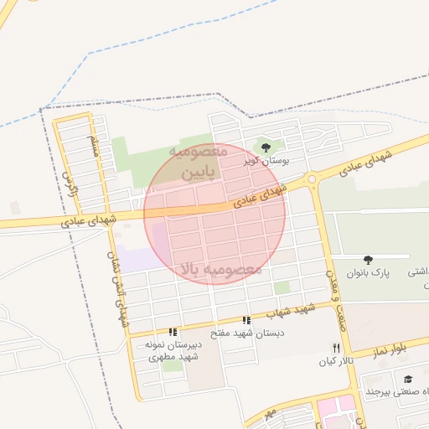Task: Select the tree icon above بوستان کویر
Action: click(266, 147)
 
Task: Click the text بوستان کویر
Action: click(261, 161)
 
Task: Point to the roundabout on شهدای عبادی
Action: click(312, 178)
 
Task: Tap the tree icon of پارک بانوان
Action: click(369, 260)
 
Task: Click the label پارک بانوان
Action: click(369, 274)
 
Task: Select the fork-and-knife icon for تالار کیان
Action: click(336, 348)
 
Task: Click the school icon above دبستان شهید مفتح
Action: click(246, 320)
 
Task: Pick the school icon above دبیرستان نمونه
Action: click(173, 333)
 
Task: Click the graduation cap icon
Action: click(408, 380)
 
